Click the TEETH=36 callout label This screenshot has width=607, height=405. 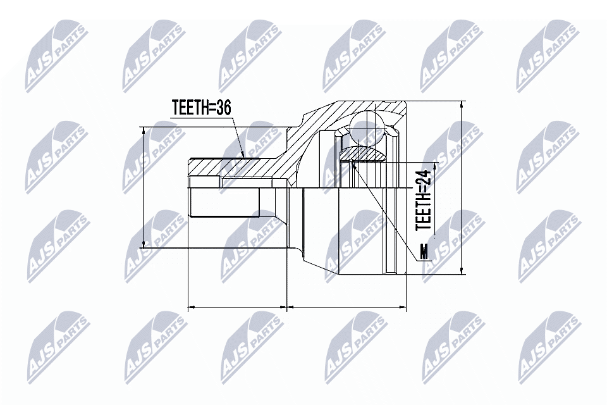tap(201, 108)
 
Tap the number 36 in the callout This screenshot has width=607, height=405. tap(223, 108)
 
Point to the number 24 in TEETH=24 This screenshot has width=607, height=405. tap(423, 178)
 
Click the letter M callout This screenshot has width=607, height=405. tap(424, 252)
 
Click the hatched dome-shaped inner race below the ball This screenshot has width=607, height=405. tap(364, 154)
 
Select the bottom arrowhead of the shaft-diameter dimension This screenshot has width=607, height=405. tap(144, 244)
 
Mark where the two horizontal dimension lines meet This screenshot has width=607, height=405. tap(288, 308)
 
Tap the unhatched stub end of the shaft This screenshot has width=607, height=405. tap(224, 202)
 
